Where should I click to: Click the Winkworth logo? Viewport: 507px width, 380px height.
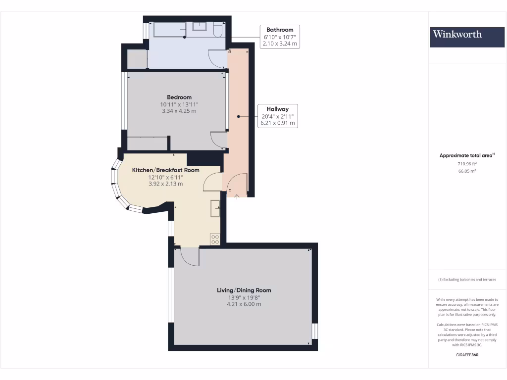click(x=457, y=34)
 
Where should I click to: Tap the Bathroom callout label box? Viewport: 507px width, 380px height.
click(x=280, y=37)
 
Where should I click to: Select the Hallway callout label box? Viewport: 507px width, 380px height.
click(x=278, y=116)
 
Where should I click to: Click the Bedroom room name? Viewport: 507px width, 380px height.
click(x=179, y=97)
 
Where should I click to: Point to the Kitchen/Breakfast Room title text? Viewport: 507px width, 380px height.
click(x=165, y=170)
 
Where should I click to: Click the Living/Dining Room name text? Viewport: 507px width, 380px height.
click(x=244, y=290)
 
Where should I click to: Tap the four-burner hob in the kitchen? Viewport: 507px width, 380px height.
click(x=215, y=239)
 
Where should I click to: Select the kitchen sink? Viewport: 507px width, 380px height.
click(x=215, y=208)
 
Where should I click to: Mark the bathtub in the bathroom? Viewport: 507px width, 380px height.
click(x=169, y=30)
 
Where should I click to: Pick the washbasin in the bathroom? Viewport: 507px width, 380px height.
click(x=200, y=26)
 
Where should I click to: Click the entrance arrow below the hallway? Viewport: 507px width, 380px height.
click(x=237, y=197)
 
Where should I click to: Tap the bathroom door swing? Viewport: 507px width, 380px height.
click(x=216, y=58)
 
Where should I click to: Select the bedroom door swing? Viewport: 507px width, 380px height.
click(x=218, y=140)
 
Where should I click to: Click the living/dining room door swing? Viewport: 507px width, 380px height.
click(x=190, y=256)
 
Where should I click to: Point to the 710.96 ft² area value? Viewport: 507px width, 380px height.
click(x=467, y=163)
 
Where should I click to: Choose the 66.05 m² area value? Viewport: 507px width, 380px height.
click(x=467, y=171)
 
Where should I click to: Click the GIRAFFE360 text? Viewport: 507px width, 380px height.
click(x=467, y=355)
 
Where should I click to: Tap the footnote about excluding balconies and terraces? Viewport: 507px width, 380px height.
click(x=467, y=280)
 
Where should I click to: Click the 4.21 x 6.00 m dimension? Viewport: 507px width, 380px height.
click(x=244, y=304)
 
